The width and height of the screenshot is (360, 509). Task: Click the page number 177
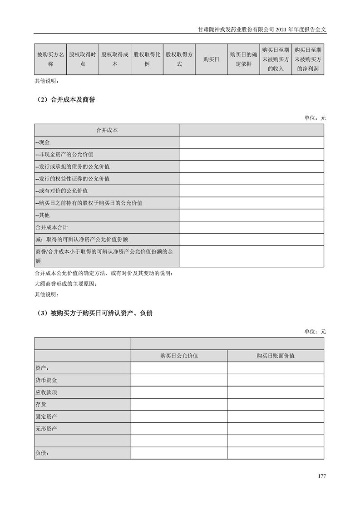322,476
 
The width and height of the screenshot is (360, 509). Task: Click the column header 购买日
211,59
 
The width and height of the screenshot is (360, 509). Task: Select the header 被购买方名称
50,59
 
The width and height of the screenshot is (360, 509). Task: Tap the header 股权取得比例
147,59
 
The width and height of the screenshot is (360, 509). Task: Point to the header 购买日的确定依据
243,59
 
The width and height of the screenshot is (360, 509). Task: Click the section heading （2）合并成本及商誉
64,100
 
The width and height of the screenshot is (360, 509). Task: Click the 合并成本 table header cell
107,130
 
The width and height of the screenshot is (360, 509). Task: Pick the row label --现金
43,142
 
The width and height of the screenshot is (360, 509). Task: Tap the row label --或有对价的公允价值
62,191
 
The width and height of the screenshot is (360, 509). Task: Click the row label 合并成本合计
51,227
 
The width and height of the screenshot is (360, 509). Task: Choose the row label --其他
43,215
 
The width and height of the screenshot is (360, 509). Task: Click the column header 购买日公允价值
179,356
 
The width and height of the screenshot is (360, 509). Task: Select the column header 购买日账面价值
276,356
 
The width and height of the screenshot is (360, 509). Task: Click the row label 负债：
42,453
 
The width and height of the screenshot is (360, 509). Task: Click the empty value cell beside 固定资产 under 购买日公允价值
179,416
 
